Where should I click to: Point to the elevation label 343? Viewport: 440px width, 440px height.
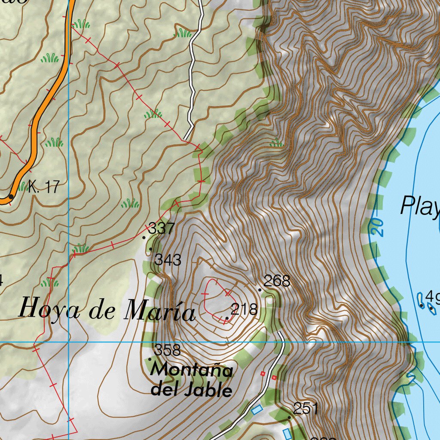168,260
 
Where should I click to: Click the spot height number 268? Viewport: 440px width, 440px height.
277,281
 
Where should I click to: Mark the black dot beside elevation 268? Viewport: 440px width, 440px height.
260,290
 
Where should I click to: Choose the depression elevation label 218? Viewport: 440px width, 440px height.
244,309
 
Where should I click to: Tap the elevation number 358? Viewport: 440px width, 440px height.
168,350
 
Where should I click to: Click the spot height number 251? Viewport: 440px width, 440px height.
306,409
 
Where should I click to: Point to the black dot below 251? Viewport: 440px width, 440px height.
289,417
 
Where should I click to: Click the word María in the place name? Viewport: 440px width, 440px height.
159,312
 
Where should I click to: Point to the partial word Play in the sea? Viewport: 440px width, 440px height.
419,206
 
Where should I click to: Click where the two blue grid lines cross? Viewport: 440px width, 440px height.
68,342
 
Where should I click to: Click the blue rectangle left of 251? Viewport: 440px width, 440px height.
257,409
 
